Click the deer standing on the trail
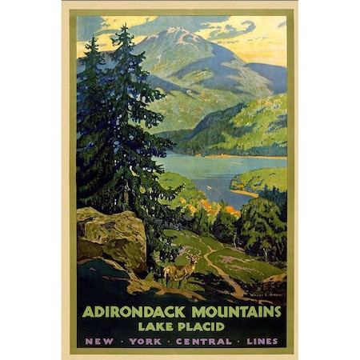[x=179, y=273]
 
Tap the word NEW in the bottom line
[x=97, y=340]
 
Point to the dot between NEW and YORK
[x=117, y=340]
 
